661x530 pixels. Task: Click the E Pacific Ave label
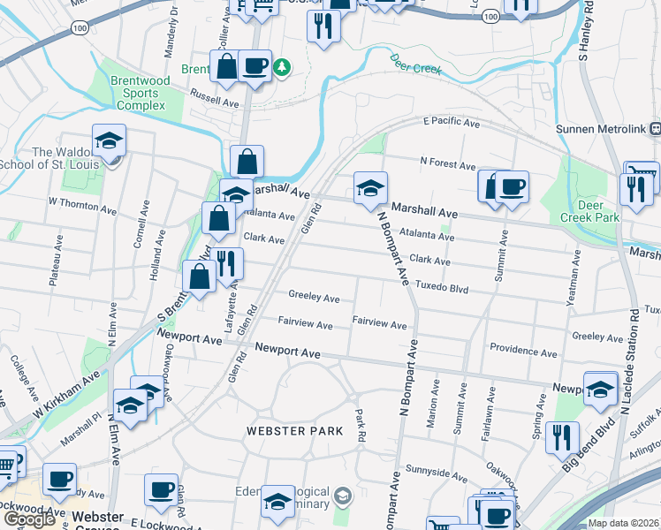pos(451,122)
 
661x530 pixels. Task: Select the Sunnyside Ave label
pos(434,470)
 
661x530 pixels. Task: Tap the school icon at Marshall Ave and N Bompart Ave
pos(370,186)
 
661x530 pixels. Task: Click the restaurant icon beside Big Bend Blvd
pos(562,435)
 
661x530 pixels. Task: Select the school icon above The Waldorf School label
pos(110,140)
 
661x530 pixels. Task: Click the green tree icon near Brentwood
pos(281,67)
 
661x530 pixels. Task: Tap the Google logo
pos(29,519)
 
